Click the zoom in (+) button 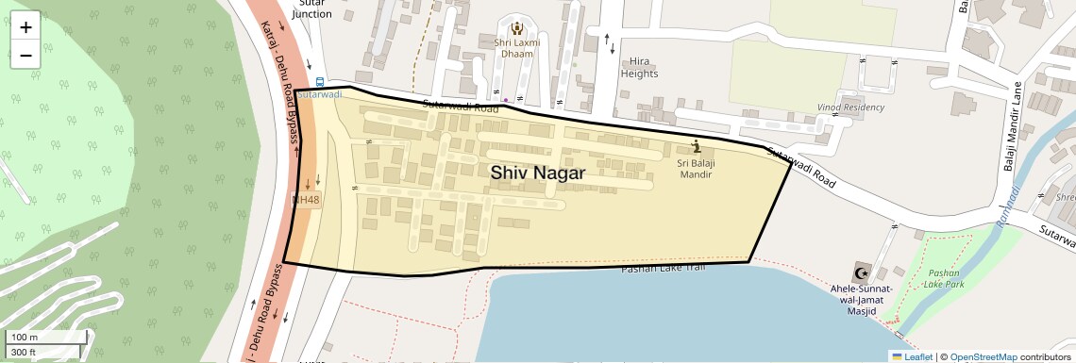pos(25,27)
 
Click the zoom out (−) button pos(25,55)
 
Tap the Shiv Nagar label pos(537,173)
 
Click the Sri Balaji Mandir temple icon pos(697,146)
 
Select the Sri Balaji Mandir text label pos(696,168)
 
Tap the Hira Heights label pos(639,66)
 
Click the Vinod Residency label pos(851,107)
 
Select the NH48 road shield pos(306,200)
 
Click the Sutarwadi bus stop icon pos(320,82)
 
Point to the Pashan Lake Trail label pos(664,270)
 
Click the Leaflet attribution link pos(912,356)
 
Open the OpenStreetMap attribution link pos(983,356)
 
